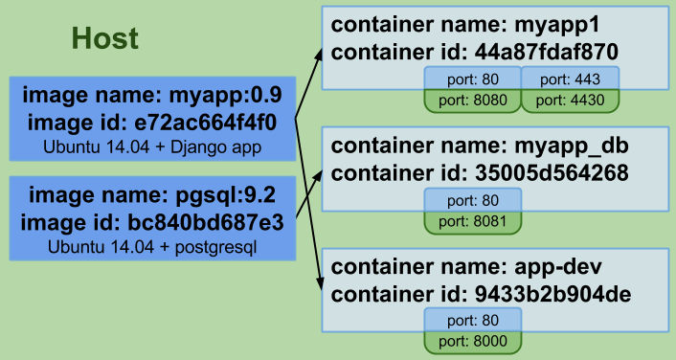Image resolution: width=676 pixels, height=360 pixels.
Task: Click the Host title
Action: (x=105, y=38)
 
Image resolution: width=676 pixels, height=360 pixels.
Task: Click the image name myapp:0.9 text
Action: (x=152, y=96)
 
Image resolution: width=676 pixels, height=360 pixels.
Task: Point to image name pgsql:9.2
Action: (x=152, y=195)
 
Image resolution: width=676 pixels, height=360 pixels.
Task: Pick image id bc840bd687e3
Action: (x=152, y=221)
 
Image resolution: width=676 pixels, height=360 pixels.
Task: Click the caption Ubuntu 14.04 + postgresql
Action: (x=152, y=246)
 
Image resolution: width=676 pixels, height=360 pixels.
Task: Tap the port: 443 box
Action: (x=571, y=78)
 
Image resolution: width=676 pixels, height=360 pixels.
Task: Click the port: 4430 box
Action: (x=571, y=99)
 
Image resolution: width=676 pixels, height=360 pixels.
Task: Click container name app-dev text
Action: (x=460, y=267)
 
